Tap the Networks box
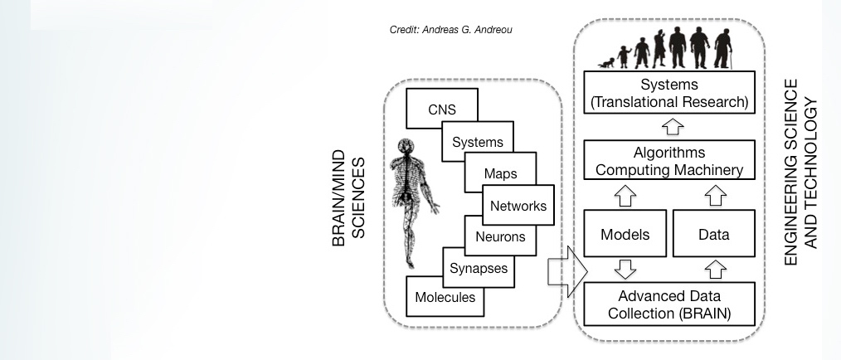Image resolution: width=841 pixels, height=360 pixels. coord(518,206)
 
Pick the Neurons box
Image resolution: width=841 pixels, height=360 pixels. coord(500,236)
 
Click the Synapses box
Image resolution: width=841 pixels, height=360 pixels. coord(478,268)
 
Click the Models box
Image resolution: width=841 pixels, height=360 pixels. coord(625,235)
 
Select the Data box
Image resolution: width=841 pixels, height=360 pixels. coord(713,235)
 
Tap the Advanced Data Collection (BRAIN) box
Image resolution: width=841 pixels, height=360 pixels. coord(670,304)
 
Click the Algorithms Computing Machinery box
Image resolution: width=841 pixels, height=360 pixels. coord(670,162)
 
